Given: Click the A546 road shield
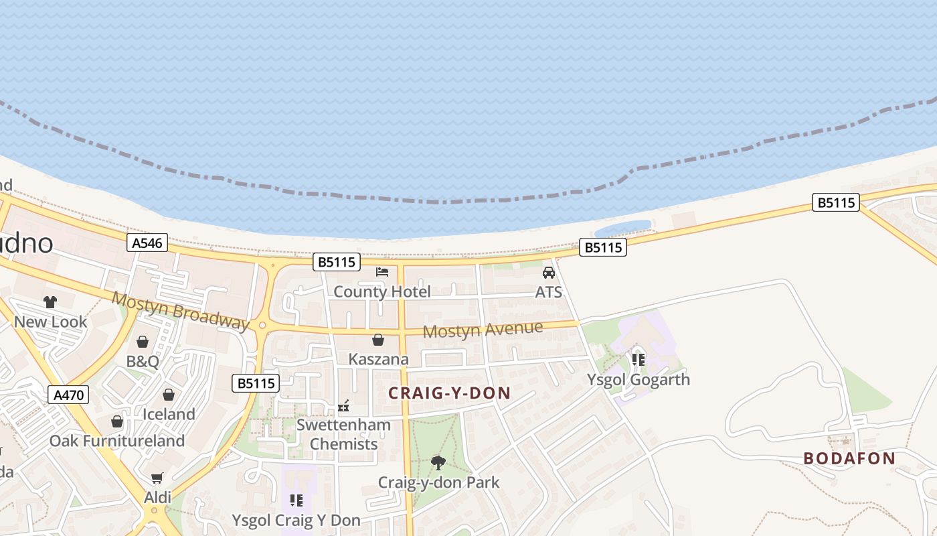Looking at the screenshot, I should [147, 243].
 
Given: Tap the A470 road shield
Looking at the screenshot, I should [69, 395].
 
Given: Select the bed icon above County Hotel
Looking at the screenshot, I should [382, 272].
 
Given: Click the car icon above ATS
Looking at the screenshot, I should [549, 273].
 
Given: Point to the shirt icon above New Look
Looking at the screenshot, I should [50, 302].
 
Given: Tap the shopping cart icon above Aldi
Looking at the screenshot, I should [157, 478].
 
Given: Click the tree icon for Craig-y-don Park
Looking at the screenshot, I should [438, 462].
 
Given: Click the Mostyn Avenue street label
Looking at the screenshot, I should [483, 330].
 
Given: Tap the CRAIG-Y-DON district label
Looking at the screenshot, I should [449, 393].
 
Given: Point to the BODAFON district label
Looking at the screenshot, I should [849, 458].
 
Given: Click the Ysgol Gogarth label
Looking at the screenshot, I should [638, 379].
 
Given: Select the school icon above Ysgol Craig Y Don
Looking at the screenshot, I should [296, 500].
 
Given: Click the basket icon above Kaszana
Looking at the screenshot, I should [378, 340].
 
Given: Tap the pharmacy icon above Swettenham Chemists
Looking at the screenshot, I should [344, 406].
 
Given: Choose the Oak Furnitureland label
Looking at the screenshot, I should [117, 441].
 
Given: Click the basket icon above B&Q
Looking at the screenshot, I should [143, 342].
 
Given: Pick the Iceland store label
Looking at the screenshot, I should [169, 414].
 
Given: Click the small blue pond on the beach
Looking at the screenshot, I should [623, 228].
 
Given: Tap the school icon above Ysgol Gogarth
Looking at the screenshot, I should [638, 360].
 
